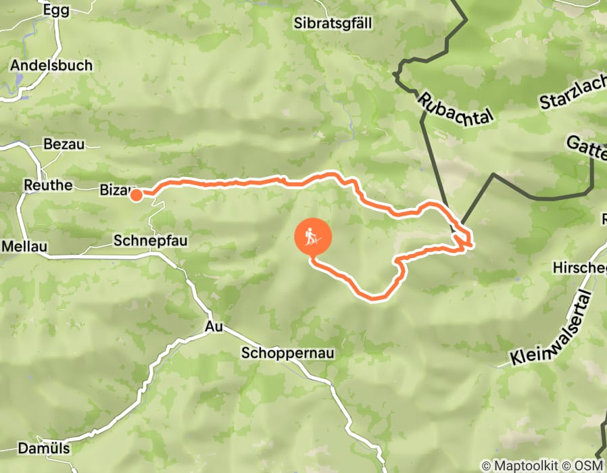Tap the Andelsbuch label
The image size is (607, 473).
51,66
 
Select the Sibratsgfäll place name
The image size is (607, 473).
333,23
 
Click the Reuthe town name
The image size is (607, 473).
47,185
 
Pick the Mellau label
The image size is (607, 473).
24,247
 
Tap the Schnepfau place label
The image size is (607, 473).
150,241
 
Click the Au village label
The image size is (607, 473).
213,327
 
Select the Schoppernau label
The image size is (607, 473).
288,353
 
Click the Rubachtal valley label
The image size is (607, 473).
455,107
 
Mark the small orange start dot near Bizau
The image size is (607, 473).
136,195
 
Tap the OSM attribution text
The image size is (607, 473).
588,466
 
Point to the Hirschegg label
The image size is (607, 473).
579,267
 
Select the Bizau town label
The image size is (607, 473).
115,189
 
